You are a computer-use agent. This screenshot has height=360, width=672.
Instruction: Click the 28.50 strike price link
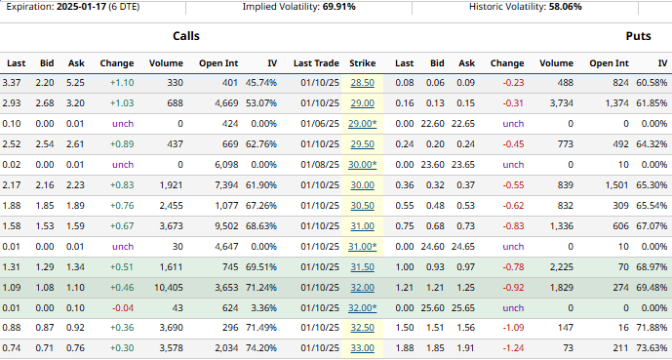tap(362, 83)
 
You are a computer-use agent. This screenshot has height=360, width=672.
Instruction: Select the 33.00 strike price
tap(362, 347)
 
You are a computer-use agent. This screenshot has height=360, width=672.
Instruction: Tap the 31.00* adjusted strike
tap(363, 247)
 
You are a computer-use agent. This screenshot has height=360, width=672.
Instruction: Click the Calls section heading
tap(186, 36)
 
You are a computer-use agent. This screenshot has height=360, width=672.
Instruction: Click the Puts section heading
tap(639, 36)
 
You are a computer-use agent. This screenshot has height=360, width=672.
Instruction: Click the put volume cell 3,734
tap(557, 103)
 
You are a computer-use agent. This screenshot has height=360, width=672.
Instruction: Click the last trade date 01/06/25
tap(317, 124)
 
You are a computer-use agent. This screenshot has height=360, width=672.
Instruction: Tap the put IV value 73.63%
tap(651, 347)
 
